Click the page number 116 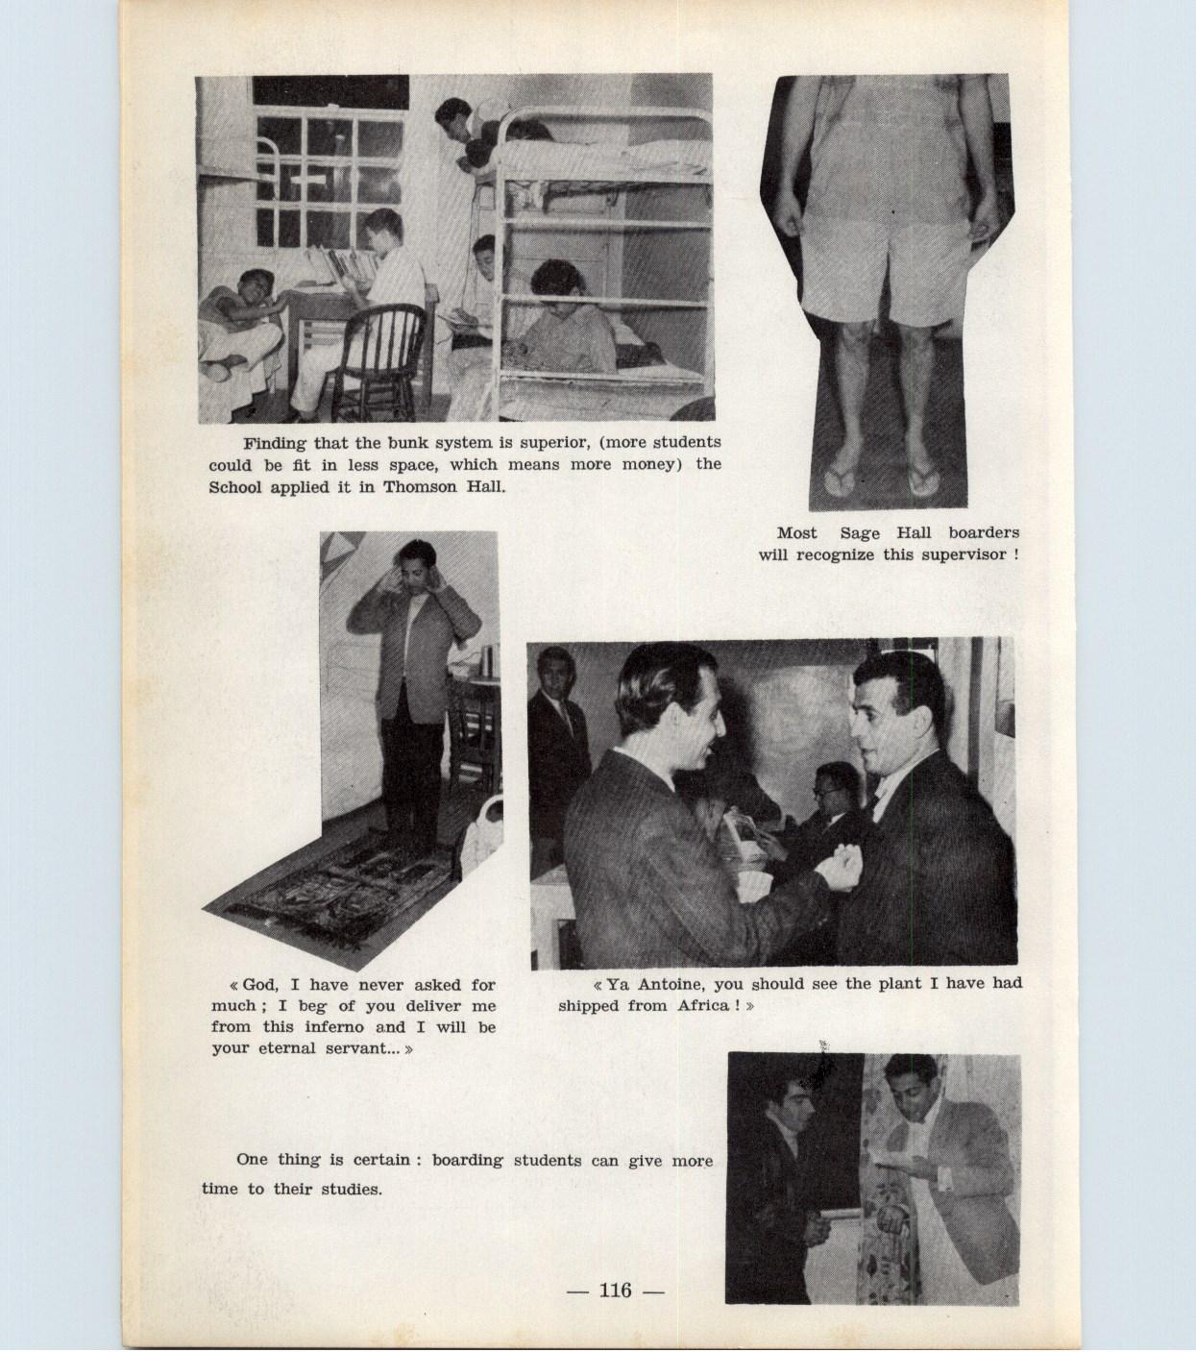[x=616, y=1291]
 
